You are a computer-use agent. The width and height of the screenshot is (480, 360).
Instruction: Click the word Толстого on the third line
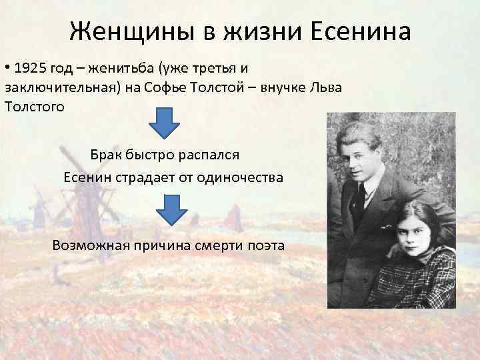[35, 107]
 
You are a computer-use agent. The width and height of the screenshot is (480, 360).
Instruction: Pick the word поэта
[267, 245]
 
